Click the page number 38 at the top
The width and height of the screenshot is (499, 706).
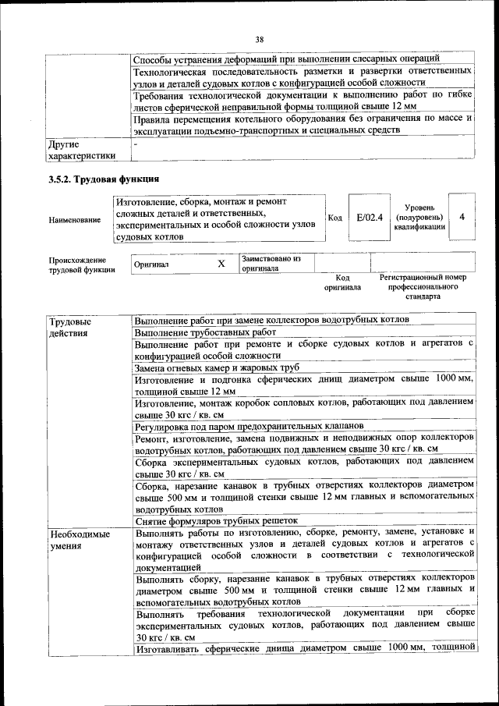pyautogui.click(x=260, y=40)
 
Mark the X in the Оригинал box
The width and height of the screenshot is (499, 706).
pyautogui.click(x=221, y=264)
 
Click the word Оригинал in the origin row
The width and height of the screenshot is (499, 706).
pyautogui.click(x=151, y=264)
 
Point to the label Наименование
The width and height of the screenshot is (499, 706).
pyautogui.click(x=75, y=221)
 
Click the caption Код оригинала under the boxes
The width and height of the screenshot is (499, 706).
pyautogui.click(x=342, y=282)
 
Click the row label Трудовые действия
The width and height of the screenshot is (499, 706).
pyautogui.click(x=69, y=327)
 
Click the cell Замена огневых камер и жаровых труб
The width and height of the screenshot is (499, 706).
pyautogui.click(x=216, y=367)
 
